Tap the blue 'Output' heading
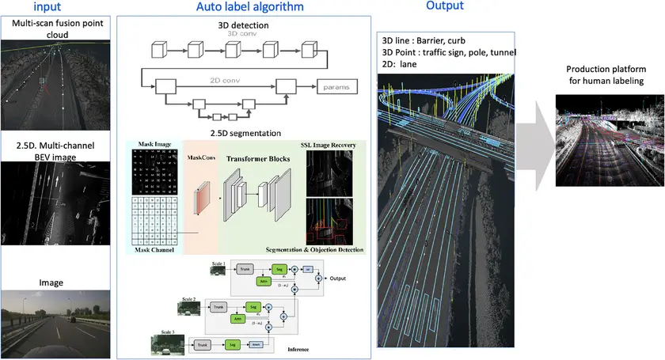click(x=445, y=6)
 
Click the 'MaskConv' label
click(x=201, y=158)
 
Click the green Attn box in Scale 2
click(x=236, y=318)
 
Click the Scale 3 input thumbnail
click(x=165, y=343)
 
